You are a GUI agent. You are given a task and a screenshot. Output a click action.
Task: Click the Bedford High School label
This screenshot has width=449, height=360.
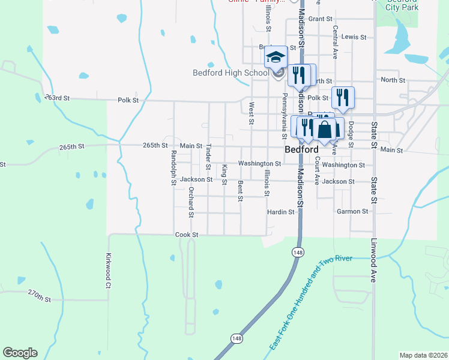[231, 73]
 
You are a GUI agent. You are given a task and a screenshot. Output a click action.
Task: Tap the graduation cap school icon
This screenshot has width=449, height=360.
[276, 58]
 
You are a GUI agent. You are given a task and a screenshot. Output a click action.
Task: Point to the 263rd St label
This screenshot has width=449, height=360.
[57, 98]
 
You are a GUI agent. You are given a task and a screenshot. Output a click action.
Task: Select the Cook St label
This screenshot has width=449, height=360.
[186, 235]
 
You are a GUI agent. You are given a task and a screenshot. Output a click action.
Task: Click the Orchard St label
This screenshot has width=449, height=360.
[191, 202]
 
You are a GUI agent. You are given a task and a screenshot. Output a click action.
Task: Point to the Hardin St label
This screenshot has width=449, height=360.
[281, 212]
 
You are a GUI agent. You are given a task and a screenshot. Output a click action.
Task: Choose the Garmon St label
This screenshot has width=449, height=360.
[352, 212]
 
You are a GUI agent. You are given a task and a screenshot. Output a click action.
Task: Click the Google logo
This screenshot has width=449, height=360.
[20, 353]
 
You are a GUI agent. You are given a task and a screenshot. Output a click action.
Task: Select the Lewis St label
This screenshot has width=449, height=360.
[354, 37]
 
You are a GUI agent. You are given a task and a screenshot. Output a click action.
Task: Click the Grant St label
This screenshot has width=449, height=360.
[320, 19]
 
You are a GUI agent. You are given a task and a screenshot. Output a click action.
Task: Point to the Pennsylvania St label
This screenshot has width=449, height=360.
[285, 112]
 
